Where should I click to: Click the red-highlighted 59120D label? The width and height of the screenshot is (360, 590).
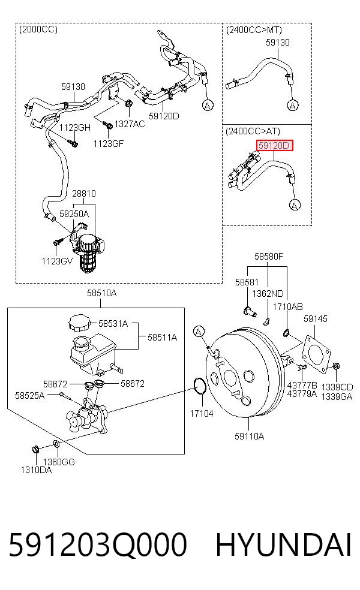pyautogui.click(x=275, y=145)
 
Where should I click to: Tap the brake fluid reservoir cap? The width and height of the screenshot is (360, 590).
pyautogui.click(x=80, y=323)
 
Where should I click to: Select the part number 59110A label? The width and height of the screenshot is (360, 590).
pyautogui.click(x=249, y=436)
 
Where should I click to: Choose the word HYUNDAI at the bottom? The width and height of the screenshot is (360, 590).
pyautogui.click(x=283, y=544)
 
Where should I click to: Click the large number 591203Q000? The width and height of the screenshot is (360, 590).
pyautogui.click(x=98, y=544)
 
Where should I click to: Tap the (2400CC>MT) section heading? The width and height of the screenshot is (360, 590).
pyautogui.click(x=254, y=30)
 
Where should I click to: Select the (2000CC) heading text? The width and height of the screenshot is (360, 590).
pyautogui.click(x=38, y=29)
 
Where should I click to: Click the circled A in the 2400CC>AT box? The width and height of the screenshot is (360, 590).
pyautogui.click(x=295, y=204)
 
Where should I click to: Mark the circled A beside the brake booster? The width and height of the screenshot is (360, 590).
pyautogui.click(x=199, y=332)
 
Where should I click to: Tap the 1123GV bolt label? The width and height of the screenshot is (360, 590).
pyautogui.click(x=57, y=261)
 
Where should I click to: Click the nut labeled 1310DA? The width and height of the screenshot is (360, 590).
pyautogui.click(x=36, y=449)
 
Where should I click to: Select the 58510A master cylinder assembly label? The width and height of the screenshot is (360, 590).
pyautogui.click(x=101, y=293)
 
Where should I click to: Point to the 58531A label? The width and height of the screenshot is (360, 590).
pyautogui.click(x=113, y=324)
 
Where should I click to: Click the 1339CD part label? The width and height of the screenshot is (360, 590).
pyautogui.click(x=337, y=387)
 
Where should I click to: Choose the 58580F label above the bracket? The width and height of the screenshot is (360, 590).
pyautogui.click(x=268, y=256)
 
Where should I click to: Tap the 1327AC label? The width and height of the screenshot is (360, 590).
pyautogui.click(x=129, y=124)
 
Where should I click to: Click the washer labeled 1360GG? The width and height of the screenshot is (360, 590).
pyautogui.click(x=56, y=444)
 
